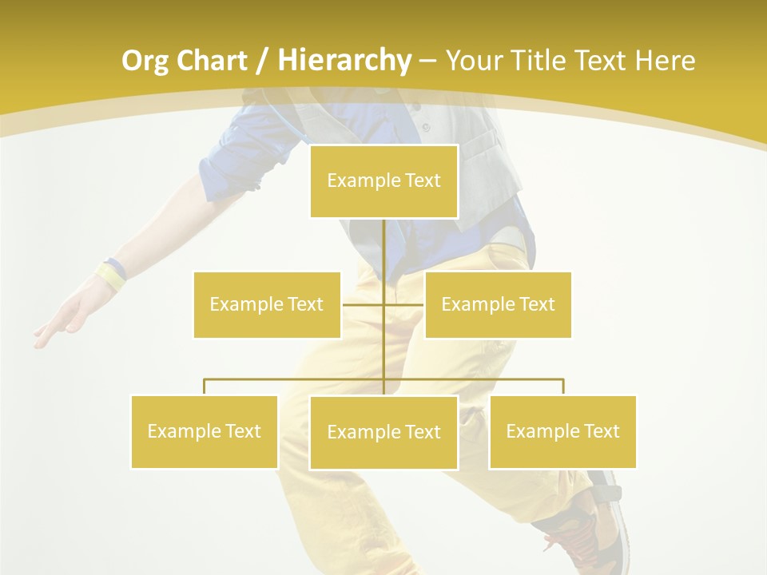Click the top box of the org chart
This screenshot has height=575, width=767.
383,181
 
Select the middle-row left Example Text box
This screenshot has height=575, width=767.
267,304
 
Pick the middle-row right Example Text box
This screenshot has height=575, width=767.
498,304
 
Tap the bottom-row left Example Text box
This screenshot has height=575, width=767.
205,431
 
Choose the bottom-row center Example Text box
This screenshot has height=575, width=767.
383,432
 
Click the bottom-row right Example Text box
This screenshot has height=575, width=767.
562,431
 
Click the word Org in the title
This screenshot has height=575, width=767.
145,61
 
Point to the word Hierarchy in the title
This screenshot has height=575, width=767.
344,61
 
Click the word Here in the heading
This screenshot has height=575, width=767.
665,61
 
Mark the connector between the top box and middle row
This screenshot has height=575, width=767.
384,256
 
